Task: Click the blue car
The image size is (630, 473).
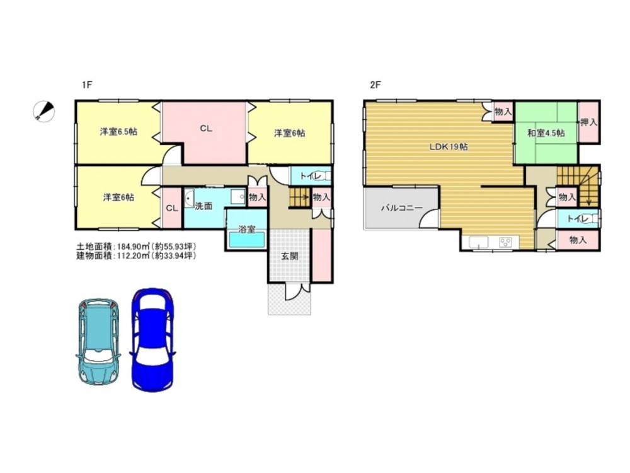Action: [152, 340]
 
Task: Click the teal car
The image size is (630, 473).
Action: [98, 342]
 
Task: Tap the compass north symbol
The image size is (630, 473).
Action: [44, 110]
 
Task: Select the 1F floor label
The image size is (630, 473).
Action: [87, 85]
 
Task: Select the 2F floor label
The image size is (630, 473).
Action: [375, 85]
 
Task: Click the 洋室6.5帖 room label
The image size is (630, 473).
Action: [118, 132]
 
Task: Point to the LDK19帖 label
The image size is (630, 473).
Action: [449, 147]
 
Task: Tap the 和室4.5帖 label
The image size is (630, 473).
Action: [546, 132]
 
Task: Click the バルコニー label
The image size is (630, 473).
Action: [402, 208]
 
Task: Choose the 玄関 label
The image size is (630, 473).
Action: [289, 256]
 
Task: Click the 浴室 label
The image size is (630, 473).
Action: [247, 230]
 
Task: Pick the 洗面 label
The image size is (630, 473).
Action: [203, 206]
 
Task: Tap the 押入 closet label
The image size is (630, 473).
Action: [588, 123]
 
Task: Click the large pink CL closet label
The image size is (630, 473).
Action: [206, 129]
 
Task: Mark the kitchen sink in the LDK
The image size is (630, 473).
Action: [475, 243]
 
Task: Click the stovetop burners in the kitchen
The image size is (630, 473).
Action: [505, 242]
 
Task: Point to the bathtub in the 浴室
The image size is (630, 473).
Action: [247, 240]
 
